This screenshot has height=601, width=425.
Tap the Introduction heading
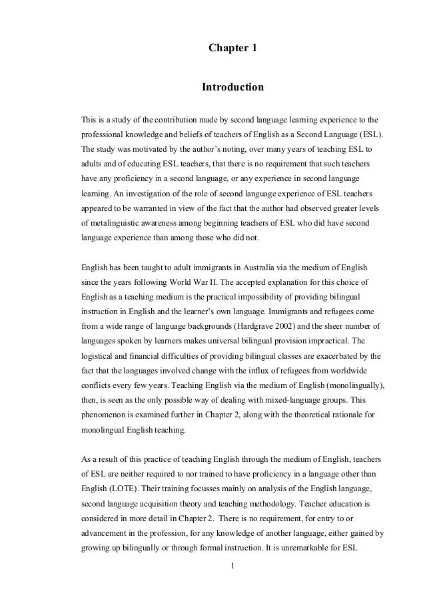tap(232, 87)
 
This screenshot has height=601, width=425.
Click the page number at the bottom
tap(232, 566)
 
